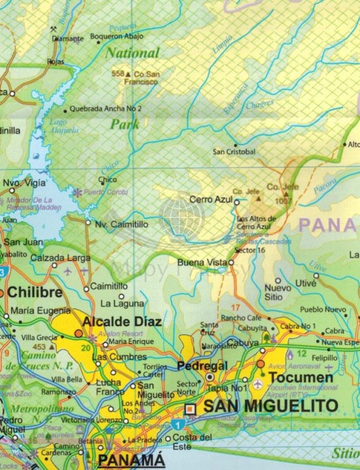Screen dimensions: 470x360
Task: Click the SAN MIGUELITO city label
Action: [x=270, y=406]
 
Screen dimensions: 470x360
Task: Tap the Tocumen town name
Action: [x=301, y=377]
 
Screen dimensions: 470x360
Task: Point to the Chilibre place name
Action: [x=34, y=293]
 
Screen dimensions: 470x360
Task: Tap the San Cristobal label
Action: [x=234, y=152]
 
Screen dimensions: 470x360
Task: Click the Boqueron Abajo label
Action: [x=116, y=36]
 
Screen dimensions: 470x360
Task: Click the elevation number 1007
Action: [x=283, y=201]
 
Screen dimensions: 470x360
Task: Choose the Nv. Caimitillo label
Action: [x=121, y=223]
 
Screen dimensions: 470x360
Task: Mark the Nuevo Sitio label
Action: [x=278, y=292]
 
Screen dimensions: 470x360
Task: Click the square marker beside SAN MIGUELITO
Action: [x=192, y=408]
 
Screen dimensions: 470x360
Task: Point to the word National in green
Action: [x=132, y=53]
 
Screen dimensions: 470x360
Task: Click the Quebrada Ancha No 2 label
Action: [x=106, y=108]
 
